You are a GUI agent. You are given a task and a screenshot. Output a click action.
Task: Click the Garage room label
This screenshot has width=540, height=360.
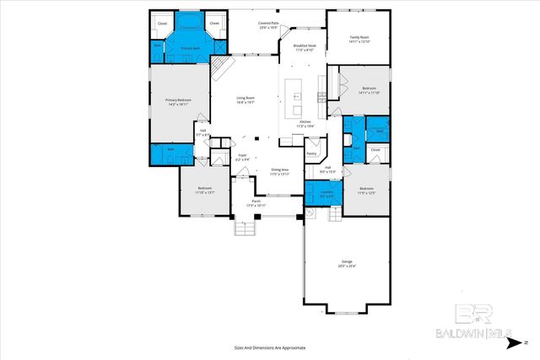(x=348, y=262)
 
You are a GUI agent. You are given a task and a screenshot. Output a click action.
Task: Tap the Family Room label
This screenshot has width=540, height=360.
(x=361, y=37)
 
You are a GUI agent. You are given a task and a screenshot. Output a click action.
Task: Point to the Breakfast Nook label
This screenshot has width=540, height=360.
(x=305, y=46)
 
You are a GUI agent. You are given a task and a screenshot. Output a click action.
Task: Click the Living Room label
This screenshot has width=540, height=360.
(x=245, y=99)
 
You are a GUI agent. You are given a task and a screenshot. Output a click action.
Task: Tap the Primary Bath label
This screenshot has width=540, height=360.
(x=189, y=50)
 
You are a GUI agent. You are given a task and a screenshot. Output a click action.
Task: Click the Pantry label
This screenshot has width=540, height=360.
(x=311, y=154)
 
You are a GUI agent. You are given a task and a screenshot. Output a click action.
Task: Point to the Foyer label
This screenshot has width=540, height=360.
(x=242, y=155)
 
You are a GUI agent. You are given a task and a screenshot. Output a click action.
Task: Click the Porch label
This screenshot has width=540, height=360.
(x=256, y=202)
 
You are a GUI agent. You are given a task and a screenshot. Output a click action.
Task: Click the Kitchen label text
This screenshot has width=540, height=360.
(x=305, y=122)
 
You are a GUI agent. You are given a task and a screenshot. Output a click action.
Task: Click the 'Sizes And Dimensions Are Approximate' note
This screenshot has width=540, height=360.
(x=270, y=347)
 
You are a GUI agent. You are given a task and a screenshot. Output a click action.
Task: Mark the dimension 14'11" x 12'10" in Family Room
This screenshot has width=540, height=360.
(x=361, y=41)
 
